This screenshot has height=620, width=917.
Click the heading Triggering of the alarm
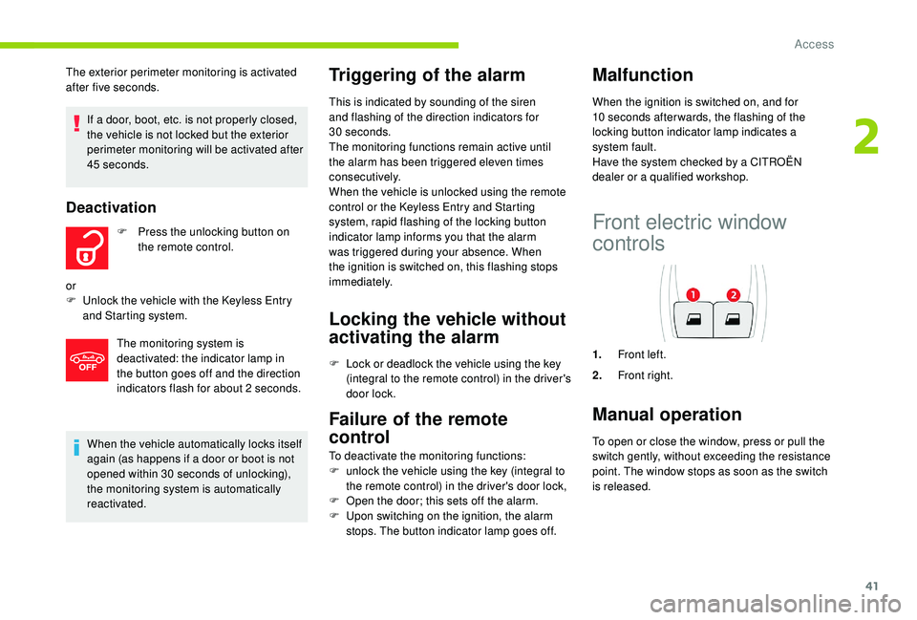425,75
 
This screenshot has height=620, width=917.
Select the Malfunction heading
643,75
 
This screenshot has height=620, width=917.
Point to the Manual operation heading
667,414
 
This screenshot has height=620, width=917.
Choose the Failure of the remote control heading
417,426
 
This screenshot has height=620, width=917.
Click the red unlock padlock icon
87,247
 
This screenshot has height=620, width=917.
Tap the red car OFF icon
87,360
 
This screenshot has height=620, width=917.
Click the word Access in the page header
814,44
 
